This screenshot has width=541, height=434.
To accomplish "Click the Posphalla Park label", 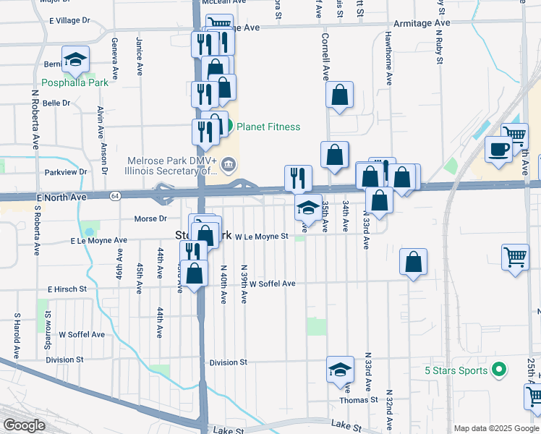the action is click(74, 82).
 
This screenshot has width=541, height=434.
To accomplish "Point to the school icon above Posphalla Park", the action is click(75, 60).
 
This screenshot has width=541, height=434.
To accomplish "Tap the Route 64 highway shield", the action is click(115, 196).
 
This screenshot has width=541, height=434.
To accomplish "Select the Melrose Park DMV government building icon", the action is click(228, 166).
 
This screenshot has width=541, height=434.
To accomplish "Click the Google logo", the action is click(24, 425).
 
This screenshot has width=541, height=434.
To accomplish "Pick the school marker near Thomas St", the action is click(339, 370).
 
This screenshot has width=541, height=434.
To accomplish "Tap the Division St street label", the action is click(228, 362).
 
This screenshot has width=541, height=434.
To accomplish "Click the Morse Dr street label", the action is click(150, 218).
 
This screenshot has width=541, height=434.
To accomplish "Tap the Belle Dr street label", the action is click(56, 103).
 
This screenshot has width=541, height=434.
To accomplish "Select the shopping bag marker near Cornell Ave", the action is click(339, 95).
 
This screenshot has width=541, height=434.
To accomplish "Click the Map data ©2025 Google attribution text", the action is click(495, 427).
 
